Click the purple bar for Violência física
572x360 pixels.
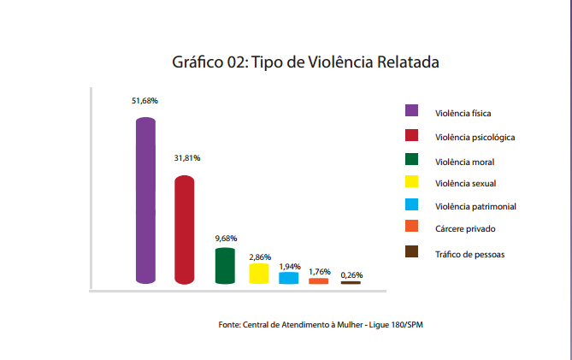click(x=145, y=201)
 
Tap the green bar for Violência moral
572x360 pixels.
click(x=225, y=266)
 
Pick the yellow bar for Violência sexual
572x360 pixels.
click(x=259, y=274)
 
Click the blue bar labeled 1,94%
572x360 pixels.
click(x=289, y=278)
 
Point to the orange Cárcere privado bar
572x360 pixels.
click(x=319, y=281)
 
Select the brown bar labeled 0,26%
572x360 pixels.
click(x=351, y=282)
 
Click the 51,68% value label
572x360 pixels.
click(x=144, y=101)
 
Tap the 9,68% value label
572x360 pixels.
click(x=226, y=238)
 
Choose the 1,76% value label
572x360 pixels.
click(x=319, y=271)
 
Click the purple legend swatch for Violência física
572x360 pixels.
click(x=411, y=110)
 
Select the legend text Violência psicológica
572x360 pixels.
click(x=475, y=138)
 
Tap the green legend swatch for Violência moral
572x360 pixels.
click(x=411, y=159)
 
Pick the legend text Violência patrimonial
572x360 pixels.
click(x=475, y=206)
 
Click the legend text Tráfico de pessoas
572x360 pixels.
click(x=469, y=254)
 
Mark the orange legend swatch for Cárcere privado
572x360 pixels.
click(x=411, y=227)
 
